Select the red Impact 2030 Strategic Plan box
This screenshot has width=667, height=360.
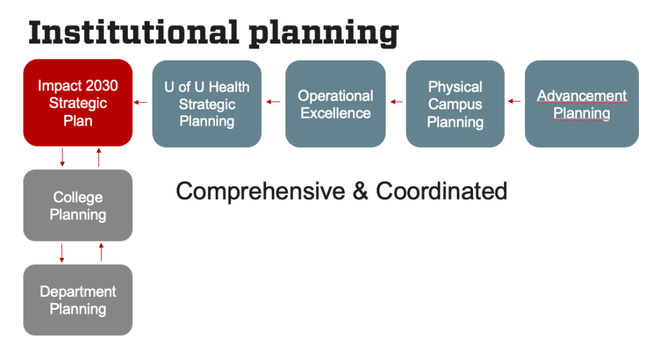coord(78,103)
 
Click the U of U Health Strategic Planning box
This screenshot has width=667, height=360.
coord(206,104)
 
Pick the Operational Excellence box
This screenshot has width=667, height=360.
coord(335,104)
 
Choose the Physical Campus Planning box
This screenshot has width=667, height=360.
coord(455,104)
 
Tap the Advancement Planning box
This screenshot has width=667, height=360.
coord(582,104)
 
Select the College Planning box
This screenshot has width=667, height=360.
coord(78,205)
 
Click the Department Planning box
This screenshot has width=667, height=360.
coord(78,299)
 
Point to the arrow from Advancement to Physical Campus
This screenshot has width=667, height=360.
coord(515,101)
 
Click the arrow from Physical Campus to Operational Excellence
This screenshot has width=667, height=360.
coord(395,101)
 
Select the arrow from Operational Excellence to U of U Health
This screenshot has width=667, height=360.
coord(273,102)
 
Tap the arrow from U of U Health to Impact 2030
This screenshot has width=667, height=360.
coord(141,102)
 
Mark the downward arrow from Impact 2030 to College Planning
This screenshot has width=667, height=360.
coord(63,157)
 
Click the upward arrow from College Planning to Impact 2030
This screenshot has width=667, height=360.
coord(99,157)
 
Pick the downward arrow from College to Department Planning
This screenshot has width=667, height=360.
coord(63,253)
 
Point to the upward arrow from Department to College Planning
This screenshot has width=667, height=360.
coord(101,252)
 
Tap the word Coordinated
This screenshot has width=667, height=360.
coord(441,191)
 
